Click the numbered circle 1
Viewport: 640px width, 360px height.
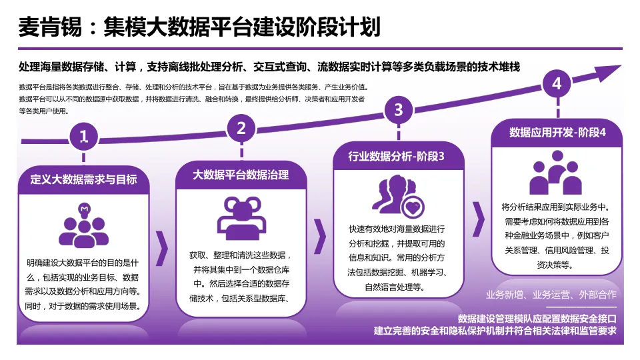pos(83,137)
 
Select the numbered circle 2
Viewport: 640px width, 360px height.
pos(241,128)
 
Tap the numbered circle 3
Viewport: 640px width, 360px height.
pos(399,109)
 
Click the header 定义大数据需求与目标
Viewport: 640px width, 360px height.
pos(83,179)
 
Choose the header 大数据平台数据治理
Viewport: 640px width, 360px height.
pos(241,175)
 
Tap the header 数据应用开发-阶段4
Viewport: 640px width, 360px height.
pos(557,133)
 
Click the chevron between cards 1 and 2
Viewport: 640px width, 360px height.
pos(162,248)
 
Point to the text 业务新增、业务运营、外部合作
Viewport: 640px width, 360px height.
pos(551,294)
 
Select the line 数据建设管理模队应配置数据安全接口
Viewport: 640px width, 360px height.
pos(537,318)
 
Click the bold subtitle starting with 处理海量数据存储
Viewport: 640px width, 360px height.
pos(269,67)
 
